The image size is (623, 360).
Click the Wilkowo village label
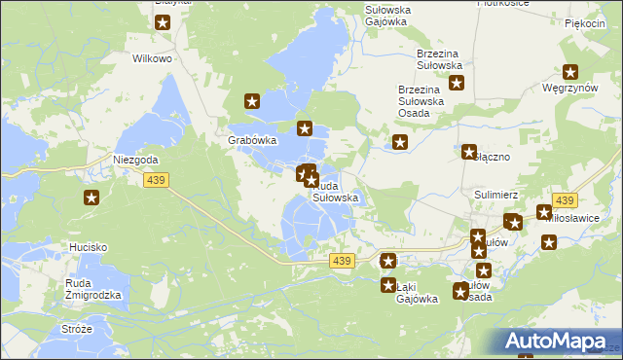click(x=152, y=58)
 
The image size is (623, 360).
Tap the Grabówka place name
click(x=252, y=140)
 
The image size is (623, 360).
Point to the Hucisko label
click(x=88, y=247)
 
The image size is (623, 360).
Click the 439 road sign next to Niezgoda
click(x=155, y=180)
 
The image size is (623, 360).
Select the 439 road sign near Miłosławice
click(x=564, y=199)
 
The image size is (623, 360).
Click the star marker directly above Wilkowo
click(x=163, y=20)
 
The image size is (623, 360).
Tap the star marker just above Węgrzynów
click(x=570, y=71)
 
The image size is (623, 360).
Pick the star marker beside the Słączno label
click(x=468, y=152)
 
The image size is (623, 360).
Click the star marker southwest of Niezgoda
click(x=92, y=198)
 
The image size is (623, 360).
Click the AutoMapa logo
click(x=558, y=341)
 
